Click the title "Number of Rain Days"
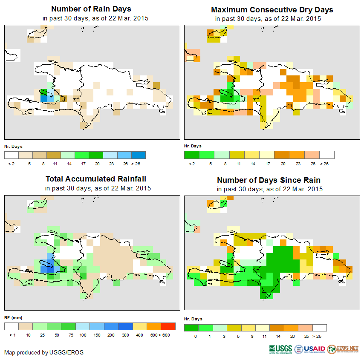click(91, 9)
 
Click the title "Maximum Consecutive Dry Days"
click(272, 9)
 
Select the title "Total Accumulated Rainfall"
click(98, 179)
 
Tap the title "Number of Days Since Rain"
click(269, 180)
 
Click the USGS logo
click(280, 349)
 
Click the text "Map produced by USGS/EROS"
click(44, 352)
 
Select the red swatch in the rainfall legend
click(168, 326)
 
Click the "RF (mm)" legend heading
click(13, 317)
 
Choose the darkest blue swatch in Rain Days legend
click(139, 155)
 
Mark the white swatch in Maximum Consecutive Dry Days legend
click(327, 155)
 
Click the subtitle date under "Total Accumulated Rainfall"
click(98, 188)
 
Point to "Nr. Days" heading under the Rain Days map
click(14, 147)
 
